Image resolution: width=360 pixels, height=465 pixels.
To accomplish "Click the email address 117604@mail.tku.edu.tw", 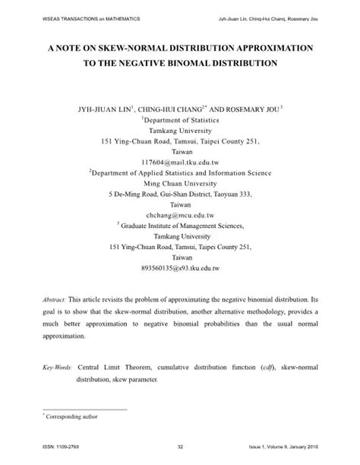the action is coord(180,163).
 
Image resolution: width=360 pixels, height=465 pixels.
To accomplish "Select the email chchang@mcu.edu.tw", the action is coord(180,215).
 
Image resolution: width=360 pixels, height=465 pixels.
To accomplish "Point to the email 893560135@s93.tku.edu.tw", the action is coord(180,268).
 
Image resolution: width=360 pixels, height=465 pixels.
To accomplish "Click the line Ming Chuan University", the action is coord(180,184).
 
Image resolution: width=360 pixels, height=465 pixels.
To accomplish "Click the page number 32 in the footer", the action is coord(180,446).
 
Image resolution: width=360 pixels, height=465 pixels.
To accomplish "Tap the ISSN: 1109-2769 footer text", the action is coord(52,446).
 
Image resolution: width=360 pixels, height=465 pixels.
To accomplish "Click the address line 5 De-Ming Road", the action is coord(180,195).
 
